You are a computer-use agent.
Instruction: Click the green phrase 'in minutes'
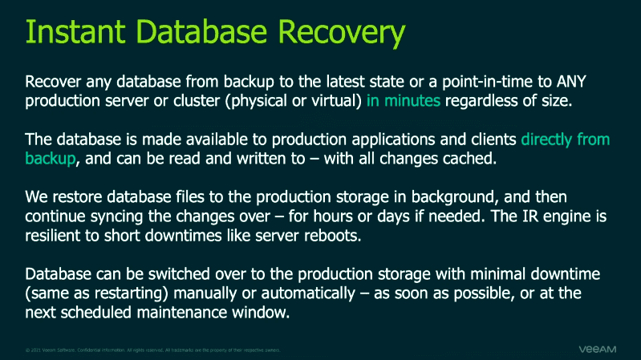tap(404, 102)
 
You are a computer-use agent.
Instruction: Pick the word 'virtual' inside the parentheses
tap(336, 102)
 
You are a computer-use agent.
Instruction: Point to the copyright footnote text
tap(152, 350)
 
